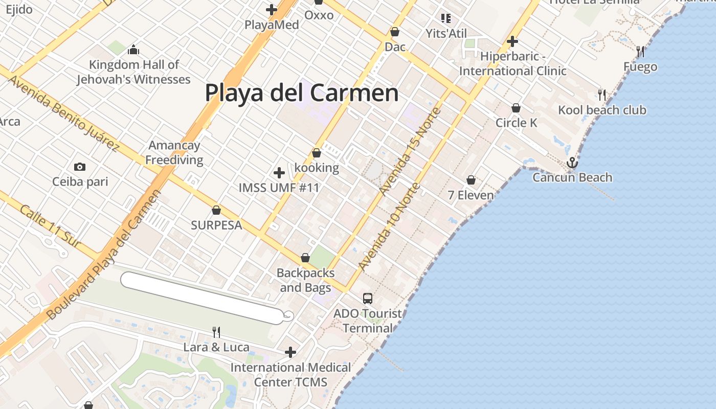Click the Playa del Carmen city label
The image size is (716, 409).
click(302, 93)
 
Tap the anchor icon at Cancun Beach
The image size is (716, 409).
click(572, 163)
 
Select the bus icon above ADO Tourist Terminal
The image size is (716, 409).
click(368, 299)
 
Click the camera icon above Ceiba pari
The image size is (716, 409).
click(80, 167)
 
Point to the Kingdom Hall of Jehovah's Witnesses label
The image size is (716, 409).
click(134, 72)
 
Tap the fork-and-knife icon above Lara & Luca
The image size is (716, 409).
click(216, 332)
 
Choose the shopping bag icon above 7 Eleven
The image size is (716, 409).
click(471, 180)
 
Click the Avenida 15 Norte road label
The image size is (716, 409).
click(410, 151)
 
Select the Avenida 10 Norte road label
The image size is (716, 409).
click(389, 226)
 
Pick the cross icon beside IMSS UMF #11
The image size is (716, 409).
click(279, 173)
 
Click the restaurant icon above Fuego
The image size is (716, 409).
click(640, 52)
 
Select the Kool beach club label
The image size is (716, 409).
click(602, 110)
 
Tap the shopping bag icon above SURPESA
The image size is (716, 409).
click(216, 210)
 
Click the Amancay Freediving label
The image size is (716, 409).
click(174, 152)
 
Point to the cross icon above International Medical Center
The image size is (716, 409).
click(290, 352)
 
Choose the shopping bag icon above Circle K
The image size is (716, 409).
click(516, 108)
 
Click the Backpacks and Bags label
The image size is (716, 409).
click(305, 280)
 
